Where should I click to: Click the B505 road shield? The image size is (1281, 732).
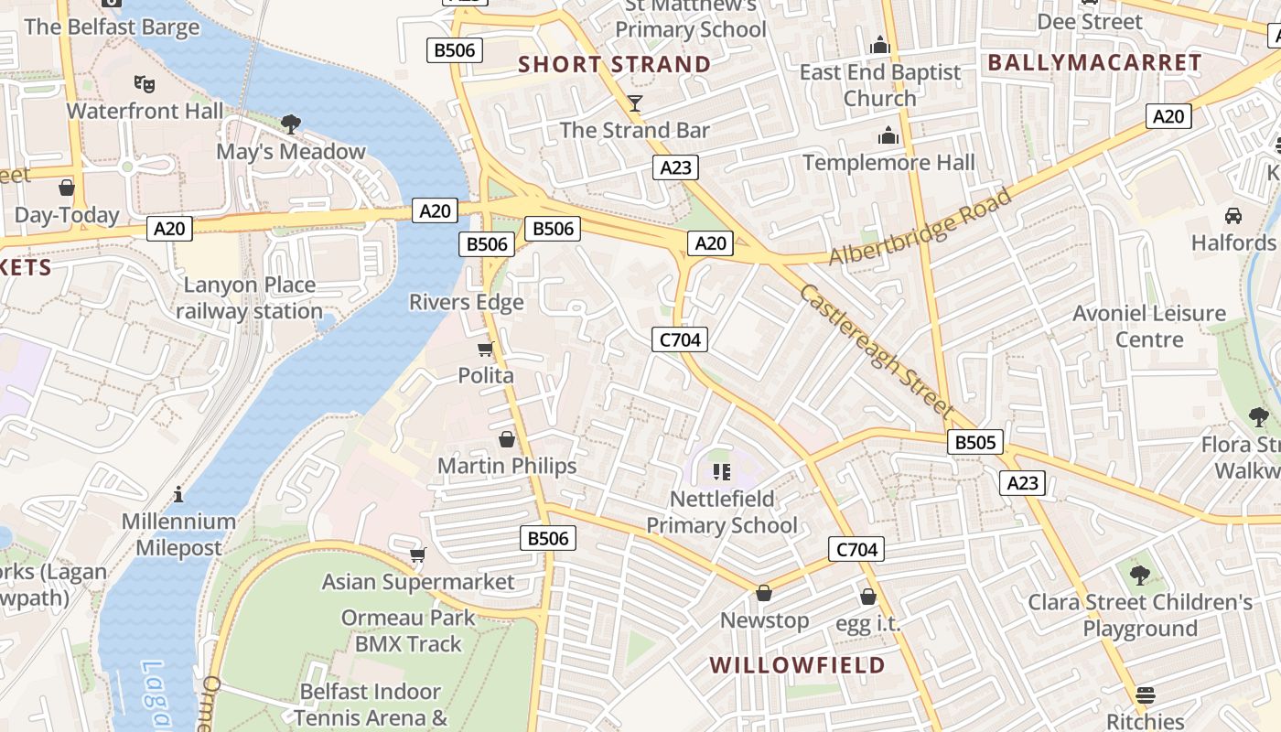[x=974, y=443]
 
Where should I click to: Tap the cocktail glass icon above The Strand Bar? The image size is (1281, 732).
[x=635, y=102]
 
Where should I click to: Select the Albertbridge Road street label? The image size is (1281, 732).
[x=920, y=227]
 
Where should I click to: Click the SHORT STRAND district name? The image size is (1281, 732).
[x=614, y=64]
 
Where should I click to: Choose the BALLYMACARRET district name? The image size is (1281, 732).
[x=1094, y=62]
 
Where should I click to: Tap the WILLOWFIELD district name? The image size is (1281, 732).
[x=797, y=664]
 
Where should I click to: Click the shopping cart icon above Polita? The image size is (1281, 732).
[x=486, y=349]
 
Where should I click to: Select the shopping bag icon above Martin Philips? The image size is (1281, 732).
[x=507, y=439]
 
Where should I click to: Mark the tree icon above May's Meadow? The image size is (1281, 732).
[x=291, y=124]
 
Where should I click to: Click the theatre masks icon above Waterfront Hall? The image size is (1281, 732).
[x=144, y=83]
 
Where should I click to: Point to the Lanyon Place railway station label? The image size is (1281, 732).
[x=249, y=298]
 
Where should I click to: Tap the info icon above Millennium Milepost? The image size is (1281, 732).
[x=178, y=494]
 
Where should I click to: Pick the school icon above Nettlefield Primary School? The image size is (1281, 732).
[x=721, y=471]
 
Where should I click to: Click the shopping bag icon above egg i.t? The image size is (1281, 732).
[x=868, y=597]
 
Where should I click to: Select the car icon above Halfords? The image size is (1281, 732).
[x=1233, y=216]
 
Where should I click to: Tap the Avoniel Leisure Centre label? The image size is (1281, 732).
[x=1148, y=326]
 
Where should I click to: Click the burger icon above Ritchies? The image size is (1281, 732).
[x=1145, y=694]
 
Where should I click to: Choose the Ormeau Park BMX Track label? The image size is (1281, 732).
[x=408, y=630]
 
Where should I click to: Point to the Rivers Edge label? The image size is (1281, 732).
[x=466, y=302]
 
